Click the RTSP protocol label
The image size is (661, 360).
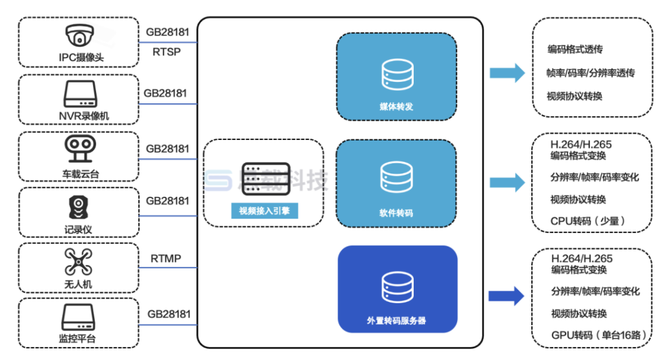pos(167,51)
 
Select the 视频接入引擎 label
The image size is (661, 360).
pos(265,210)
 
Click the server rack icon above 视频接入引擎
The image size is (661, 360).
pos(265,179)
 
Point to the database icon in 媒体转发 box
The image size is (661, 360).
pos(396,74)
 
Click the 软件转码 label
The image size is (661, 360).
pos(396,212)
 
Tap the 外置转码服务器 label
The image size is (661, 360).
pos(396,320)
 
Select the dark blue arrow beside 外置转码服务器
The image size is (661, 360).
pos(507,295)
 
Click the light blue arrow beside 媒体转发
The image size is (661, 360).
pos(507,72)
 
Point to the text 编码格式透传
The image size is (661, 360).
pos(575,50)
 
